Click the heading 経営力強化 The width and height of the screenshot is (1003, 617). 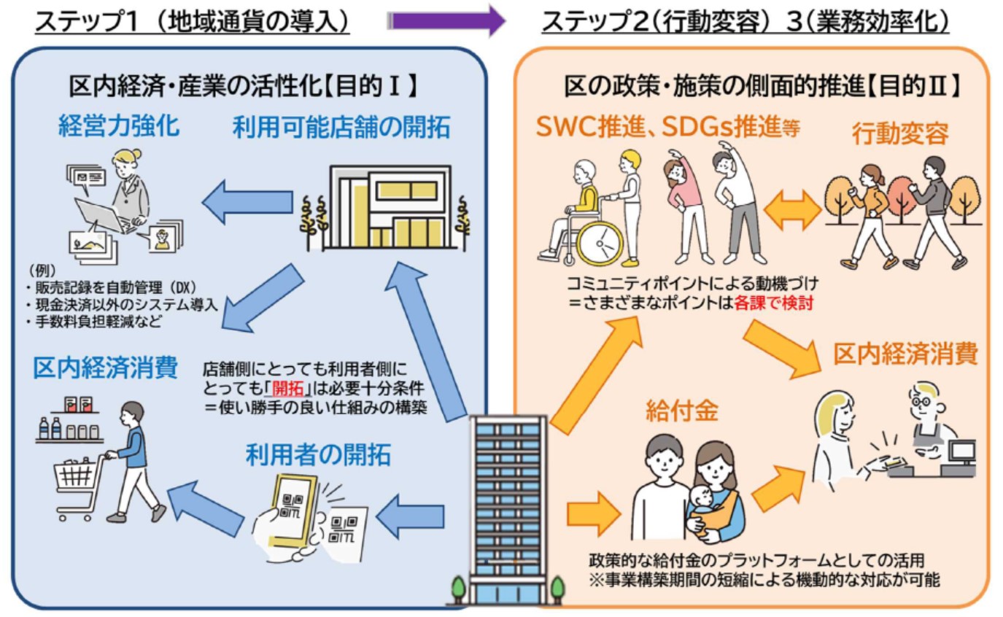(x=118, y=126)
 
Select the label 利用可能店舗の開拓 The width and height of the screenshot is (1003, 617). (x=341, y=128)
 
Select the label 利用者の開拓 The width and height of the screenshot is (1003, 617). (x=317, y=455)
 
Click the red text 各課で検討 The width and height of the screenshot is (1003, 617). (x=774, y=302)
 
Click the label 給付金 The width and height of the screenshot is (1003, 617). (x=671, y=411)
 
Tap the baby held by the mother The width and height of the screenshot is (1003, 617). (x=702, y=504)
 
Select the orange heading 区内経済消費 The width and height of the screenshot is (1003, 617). (x=905, y=354)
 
